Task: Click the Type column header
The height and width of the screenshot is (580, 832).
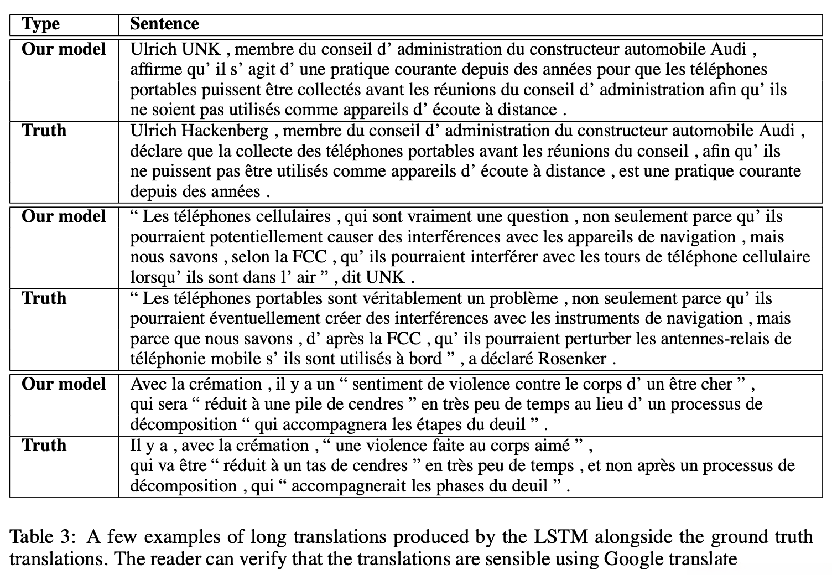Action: point(40,24)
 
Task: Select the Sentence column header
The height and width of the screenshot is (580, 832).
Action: point(164,24)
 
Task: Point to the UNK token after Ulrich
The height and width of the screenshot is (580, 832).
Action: point(201,49)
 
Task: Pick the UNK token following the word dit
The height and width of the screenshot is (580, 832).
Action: point(386,277)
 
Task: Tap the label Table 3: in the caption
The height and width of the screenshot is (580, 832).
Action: point(42,536)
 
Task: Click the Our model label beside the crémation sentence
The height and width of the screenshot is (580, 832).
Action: point(64,384)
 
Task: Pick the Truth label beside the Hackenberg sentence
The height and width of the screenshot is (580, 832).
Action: point(44,131)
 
